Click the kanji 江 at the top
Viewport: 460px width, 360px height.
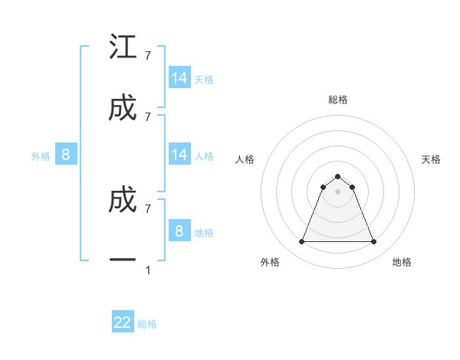[x=123, y=47]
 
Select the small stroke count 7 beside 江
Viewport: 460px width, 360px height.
[x=147, y=55]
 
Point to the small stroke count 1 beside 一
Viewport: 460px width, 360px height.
[x=147, y=270]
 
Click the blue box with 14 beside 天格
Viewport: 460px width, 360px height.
[x=179, y=78]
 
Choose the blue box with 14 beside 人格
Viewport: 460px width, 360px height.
[x=179, y=155]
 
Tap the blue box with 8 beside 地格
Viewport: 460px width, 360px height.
[x=179, y=231]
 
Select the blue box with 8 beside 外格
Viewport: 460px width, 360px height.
[x=66, y=155]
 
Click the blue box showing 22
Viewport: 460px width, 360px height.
[x=123, y=322]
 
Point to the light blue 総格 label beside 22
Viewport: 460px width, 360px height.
[x=147, y=324]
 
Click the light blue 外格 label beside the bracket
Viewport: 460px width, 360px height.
[x=41, y=156]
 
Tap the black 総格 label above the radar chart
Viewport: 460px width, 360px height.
[x=337, y=100]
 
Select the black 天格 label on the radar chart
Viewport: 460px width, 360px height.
[x=432, y=159]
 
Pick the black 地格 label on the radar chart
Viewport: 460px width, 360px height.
[x=402, y=262]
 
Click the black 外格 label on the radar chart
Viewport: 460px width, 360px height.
[x=270, y=262]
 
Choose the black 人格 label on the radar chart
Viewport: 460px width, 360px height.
[x=245, y=159]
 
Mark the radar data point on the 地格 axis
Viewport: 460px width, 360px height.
[x=373, y=242]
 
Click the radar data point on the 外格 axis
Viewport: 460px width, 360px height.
[x=301, y=242]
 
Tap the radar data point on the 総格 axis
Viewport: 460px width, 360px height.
[x=337, y=176]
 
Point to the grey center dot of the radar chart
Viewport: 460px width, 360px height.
[x=337, y=191]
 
